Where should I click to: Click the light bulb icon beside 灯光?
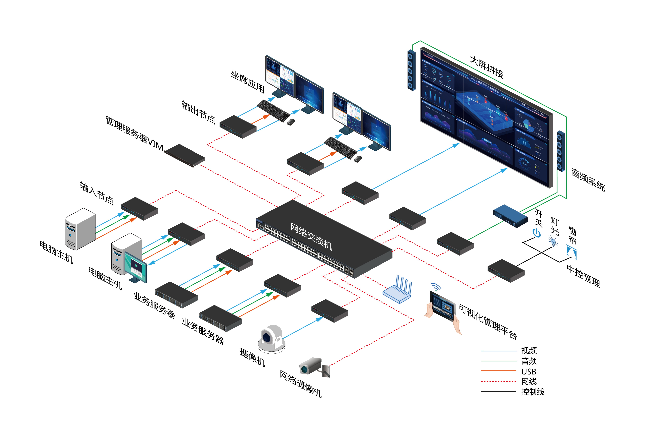(553, 241)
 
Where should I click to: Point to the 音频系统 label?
(588, 180)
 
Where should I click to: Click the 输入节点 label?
(97, 193)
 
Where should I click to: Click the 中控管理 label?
(583, 276)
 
